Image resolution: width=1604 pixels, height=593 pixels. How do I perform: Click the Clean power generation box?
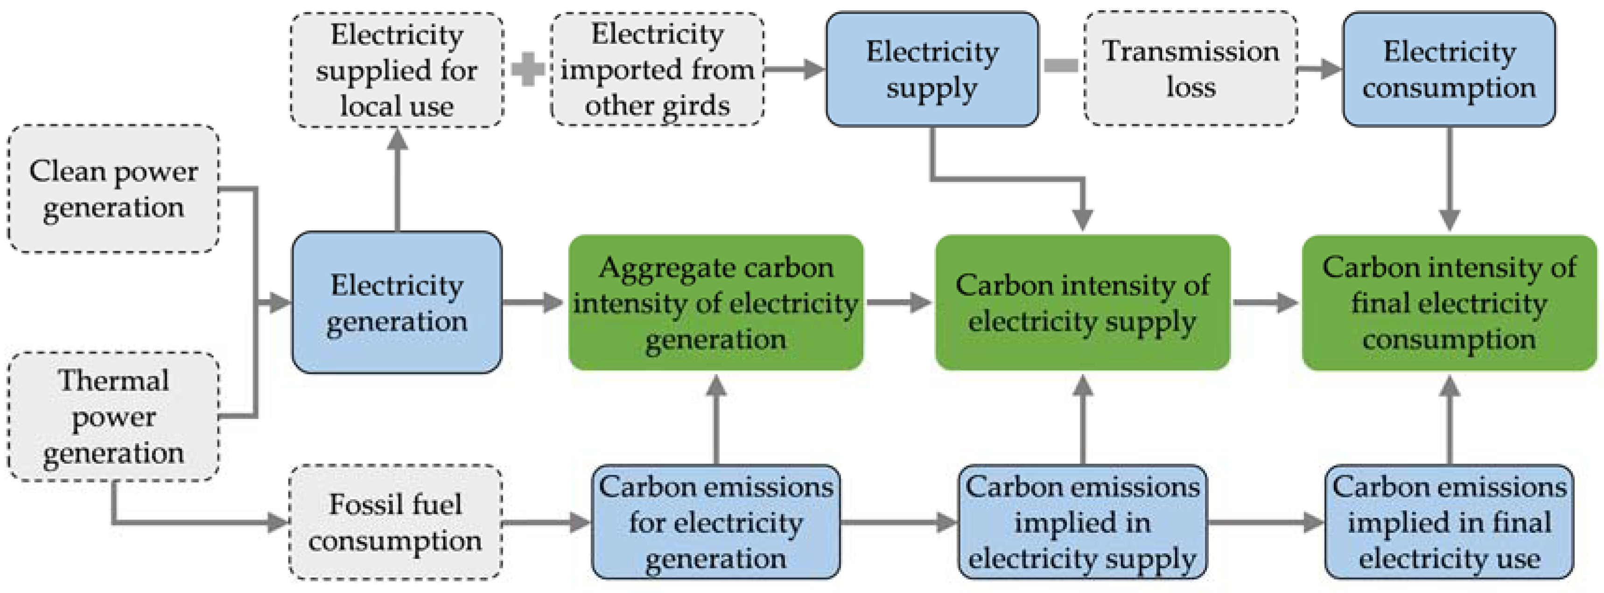pos(113,189)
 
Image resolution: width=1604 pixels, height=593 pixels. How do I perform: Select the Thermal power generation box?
pos(113,416)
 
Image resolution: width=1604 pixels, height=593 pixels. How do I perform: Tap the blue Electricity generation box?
pos(397,303)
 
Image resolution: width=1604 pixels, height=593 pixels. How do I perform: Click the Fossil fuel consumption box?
pos(395,522)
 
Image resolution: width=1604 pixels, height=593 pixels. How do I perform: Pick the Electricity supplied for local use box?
pos(397,70)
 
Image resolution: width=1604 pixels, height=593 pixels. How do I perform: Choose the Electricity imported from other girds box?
pos(657,69)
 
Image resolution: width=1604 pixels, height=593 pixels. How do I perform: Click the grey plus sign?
pos(527,69)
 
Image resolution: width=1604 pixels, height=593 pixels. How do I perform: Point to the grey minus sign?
pos(1061,65)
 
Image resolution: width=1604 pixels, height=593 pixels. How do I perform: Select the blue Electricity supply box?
pos(932,69)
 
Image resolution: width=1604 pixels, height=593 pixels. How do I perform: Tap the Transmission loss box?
pos(1191,69)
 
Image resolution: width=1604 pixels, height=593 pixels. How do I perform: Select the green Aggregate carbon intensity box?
pos(716,303)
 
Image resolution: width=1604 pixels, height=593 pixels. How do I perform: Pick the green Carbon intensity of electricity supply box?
pos(1082,303)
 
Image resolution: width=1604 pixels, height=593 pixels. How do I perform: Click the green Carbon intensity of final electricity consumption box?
pos(1449,303)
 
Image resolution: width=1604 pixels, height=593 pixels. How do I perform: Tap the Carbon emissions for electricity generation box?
pos(716,522)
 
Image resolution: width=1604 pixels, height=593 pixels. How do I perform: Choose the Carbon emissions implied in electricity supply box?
pos(1082,522)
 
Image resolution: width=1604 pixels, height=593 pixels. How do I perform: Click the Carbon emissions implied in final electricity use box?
pos(1449,522)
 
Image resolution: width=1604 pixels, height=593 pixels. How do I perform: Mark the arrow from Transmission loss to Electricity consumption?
pos(1319,69)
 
